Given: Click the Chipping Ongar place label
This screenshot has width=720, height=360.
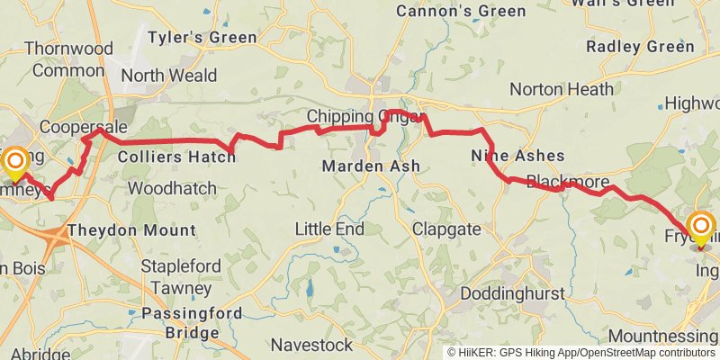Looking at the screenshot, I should click(x=364, y=117).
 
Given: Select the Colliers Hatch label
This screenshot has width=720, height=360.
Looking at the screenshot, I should click(x=176, y=157).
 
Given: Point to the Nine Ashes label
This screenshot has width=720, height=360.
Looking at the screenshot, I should click(x=517, y=157).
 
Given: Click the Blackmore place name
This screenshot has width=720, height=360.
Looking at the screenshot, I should click(x=567, y=181).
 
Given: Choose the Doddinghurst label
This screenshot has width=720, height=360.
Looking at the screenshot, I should click(x=513, y=294).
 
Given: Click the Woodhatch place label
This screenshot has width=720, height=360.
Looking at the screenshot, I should click(x=172, y=189).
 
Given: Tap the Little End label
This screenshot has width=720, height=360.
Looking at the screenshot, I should click(x=329, y=229).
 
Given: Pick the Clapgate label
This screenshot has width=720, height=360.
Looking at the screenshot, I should click(x=446, y=229).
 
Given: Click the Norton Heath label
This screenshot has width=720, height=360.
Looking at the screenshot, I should click(x=562, y=89).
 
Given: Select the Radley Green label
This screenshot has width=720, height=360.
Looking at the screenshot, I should click(x=640, y=46).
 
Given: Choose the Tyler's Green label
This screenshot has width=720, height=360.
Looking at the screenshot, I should click(x=202, y=38).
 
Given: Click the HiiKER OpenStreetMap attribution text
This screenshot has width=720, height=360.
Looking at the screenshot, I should click(x=580, y=353).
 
